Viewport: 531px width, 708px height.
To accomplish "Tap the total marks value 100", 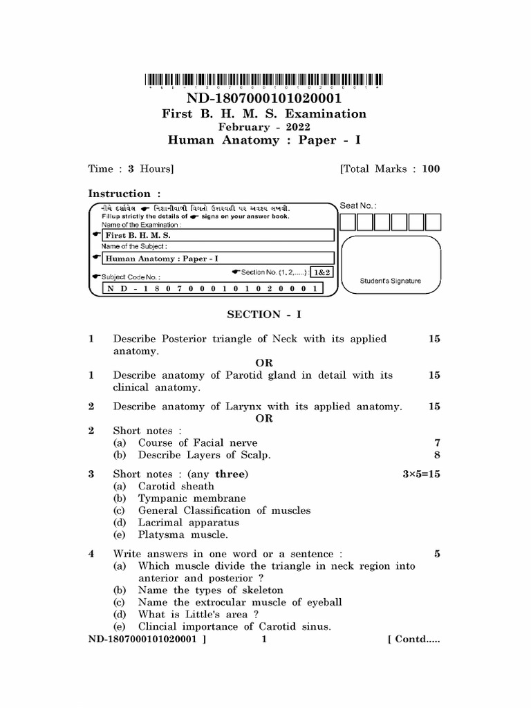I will pos(431,169).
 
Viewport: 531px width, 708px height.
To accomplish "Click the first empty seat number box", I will pos(347,222).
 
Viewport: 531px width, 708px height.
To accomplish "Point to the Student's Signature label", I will pos(390,281).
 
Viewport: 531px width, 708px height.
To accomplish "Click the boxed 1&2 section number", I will pos(322,272).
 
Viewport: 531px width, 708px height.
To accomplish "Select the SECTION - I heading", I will pos(264,314).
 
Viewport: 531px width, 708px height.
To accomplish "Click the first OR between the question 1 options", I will pos(264,363).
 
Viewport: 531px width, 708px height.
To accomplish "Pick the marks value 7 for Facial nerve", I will pos(436,442).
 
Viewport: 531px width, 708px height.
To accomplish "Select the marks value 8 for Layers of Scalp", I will pos(436,455).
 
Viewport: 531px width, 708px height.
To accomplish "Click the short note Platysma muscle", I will pos(183,534).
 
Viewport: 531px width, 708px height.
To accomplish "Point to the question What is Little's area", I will pos(198,615).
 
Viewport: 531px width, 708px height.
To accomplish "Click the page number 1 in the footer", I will pos(264,640).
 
